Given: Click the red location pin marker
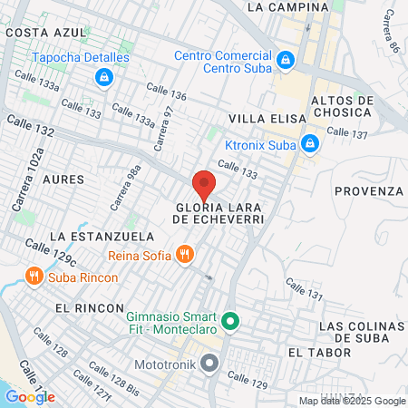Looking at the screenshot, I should [x=204, y=185].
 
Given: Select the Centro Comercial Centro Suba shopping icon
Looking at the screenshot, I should [x=286, y=59].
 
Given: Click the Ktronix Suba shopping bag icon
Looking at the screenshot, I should [x=310, y=143].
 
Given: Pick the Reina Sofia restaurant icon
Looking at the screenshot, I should [x=185, y=255].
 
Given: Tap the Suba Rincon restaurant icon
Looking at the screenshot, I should [x=34, y=275].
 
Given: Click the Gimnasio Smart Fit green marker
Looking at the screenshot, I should [x=230, y=321].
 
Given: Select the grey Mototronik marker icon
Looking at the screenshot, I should [x=210, y=364].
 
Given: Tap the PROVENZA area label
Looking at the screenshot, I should [x=368, y=191].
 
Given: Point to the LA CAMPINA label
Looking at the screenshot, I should [x=287, y=6].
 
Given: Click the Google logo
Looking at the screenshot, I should [x=30, y=396].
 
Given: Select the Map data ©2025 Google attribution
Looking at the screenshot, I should [x=353, y=401].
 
